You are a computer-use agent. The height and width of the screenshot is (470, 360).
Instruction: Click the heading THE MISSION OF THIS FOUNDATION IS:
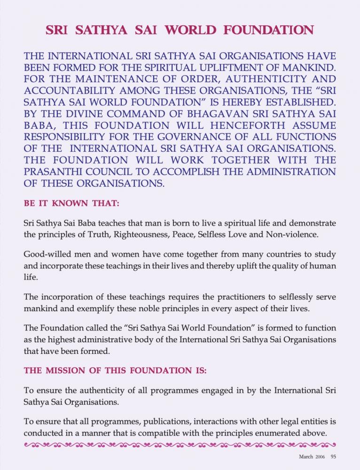pos(115,371)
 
